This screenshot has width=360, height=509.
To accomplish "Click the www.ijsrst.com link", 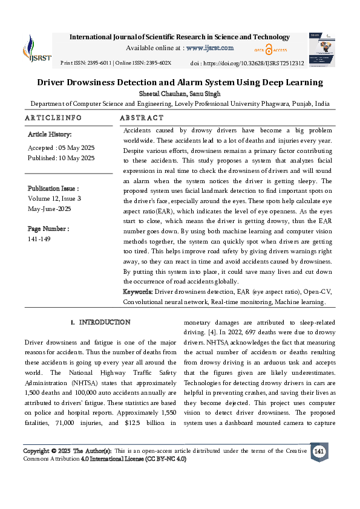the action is (210, 48).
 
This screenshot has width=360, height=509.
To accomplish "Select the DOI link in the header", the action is (260, 63).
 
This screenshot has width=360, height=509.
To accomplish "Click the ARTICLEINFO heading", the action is (53, 118).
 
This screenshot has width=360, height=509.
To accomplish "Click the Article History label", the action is (50, 134).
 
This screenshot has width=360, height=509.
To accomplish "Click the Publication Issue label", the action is (53, 189).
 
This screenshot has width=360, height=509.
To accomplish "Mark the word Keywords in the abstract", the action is (138, 291).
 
